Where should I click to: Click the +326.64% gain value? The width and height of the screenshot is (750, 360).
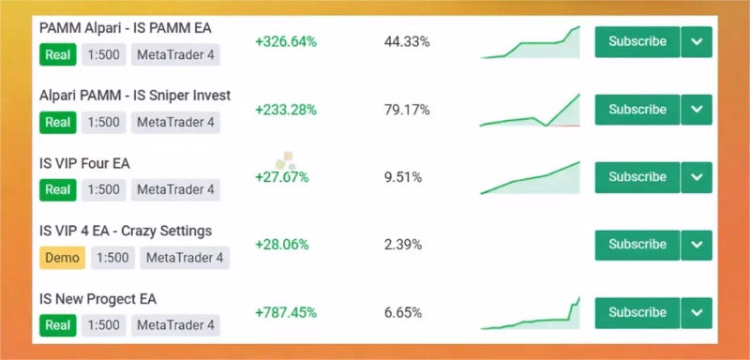tap(286, 42)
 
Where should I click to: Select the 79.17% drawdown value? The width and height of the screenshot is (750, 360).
tap(407, 110)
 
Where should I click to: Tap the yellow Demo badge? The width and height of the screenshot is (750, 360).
tap(62, 258)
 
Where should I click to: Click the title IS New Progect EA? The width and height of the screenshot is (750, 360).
tap(98, 299)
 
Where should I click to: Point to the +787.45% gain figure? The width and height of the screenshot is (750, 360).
tap(286, 313)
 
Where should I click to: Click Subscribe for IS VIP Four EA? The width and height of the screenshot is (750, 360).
tap(637, 177)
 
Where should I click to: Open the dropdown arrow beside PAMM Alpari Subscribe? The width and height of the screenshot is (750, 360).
tap(697, 42)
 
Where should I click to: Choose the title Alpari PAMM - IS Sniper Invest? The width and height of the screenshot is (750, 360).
tap(135, 96)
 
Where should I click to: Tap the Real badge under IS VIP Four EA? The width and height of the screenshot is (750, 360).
tap(58, 189)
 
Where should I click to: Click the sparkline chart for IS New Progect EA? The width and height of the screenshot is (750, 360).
tap(530, 314)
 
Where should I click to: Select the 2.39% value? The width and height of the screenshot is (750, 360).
tap(403, 246)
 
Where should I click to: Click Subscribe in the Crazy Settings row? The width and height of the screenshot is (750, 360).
tap(637, 246)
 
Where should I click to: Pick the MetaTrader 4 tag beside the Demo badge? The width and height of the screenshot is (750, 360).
tap(185, 258)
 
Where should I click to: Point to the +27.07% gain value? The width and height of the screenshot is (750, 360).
tap(282, 178)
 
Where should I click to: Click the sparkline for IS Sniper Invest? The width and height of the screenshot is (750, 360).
tap(530, 111)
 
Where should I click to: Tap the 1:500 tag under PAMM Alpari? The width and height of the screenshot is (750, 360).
tap(104, 54)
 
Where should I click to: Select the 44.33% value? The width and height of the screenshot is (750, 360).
tap(407, 42)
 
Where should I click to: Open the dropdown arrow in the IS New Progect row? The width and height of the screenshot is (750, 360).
tap(697, 313)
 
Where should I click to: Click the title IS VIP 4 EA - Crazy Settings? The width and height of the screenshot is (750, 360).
tap(126, 232)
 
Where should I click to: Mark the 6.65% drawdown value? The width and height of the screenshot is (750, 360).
tap(403, 313)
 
